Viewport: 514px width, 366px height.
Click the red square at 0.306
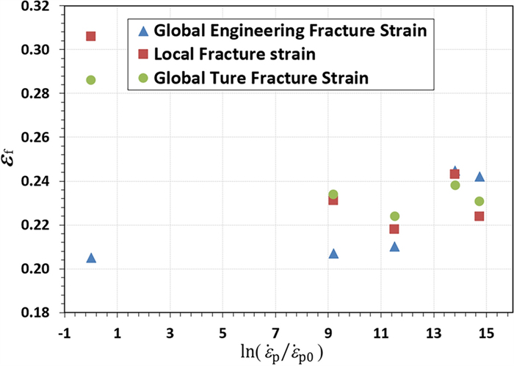coord(91,36)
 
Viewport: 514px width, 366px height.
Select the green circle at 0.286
coord(91,80)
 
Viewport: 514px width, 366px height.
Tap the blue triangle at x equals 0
coord(91,257)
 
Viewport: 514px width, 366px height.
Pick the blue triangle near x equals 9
coord(333,253)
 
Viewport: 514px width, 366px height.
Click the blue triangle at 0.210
coord(394,246)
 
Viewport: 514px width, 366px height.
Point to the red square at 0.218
coord(394,229)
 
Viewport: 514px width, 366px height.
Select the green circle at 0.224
coord(394,216)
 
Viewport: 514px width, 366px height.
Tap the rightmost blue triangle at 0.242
coord(479,176)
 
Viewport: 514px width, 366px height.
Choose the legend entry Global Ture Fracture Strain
coord(261,77)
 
